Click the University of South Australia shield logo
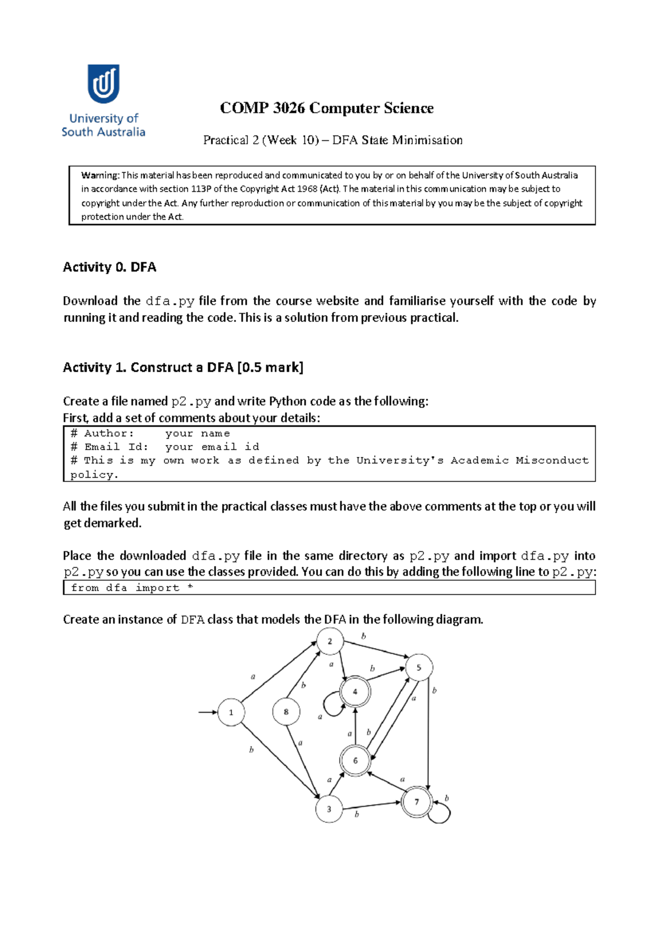coord(103,84)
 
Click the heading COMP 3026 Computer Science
coord(326,108)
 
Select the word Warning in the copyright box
coord(100,175)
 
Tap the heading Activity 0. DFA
coord(109,267)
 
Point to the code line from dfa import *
coord(132,588)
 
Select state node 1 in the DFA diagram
coord(231,712)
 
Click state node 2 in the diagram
coord(330,641)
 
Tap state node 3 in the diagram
coord(329,809)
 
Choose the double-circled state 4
coord(355,691)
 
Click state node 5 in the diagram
coord(418,667)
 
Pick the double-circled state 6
coord(355,760)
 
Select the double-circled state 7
coord(417,802)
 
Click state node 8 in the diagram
coord(286,712)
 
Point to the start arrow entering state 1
coord(207,712)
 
